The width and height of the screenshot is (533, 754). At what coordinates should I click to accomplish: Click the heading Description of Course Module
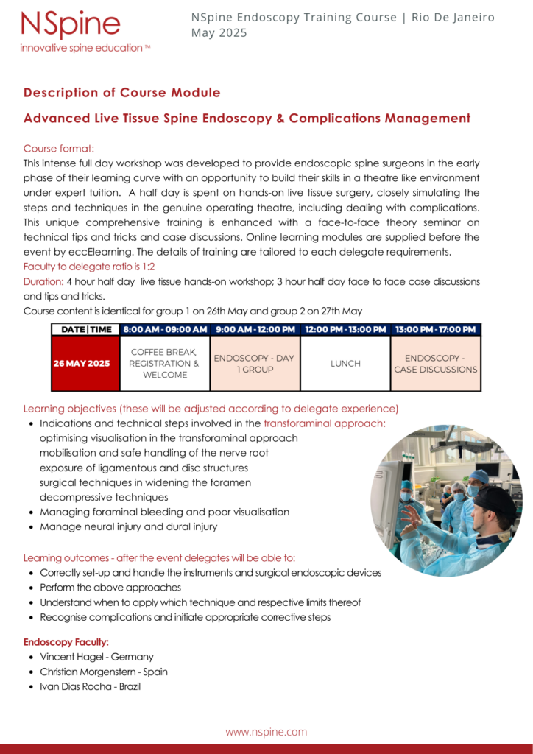[121, 93]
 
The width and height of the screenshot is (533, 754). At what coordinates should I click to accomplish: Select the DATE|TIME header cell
[85, 329]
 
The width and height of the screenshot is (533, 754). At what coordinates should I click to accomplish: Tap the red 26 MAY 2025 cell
[85, 363]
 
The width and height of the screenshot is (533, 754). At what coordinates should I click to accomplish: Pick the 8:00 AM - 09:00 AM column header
[165, 329]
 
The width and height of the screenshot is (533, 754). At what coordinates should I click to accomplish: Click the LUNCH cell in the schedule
[345, 363]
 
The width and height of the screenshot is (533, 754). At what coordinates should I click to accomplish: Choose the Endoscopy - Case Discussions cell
[435, 363]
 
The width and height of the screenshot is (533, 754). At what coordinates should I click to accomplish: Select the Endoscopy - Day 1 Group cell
[254, 363]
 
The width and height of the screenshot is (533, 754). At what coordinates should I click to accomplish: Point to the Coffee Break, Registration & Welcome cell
[165, 363]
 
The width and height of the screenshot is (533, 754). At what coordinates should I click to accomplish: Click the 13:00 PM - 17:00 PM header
[435, 329]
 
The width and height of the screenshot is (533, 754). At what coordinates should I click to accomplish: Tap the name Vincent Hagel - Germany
[96, 657]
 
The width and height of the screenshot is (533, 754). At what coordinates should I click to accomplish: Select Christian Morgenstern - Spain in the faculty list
[104, 672]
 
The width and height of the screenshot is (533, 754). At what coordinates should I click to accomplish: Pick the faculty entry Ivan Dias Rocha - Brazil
[90, 686]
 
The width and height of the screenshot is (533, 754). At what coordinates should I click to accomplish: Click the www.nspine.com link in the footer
[266, 732]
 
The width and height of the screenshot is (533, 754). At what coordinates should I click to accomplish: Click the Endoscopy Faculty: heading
[66, 642]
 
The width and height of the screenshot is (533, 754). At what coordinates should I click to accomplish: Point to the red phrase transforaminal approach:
[325, 423]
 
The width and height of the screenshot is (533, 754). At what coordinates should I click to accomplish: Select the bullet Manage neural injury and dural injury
[129, 526]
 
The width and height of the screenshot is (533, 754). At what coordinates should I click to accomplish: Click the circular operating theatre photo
[446, 500]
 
